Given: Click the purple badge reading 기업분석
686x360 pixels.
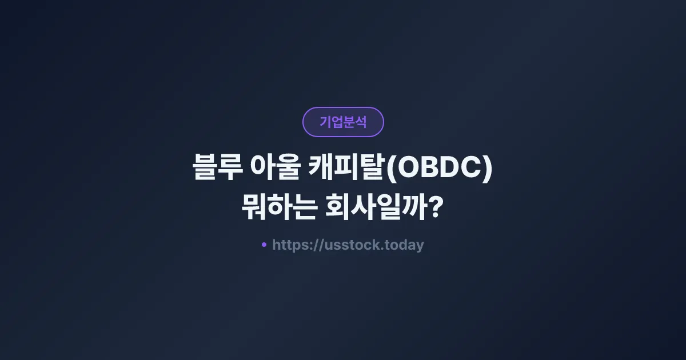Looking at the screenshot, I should tap(343, 122).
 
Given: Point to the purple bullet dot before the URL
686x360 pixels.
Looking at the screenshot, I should tap(264, 245).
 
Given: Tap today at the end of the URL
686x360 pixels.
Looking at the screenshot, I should tap(404, 245).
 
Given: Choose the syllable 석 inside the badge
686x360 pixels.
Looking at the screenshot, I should tap(360, 122).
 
